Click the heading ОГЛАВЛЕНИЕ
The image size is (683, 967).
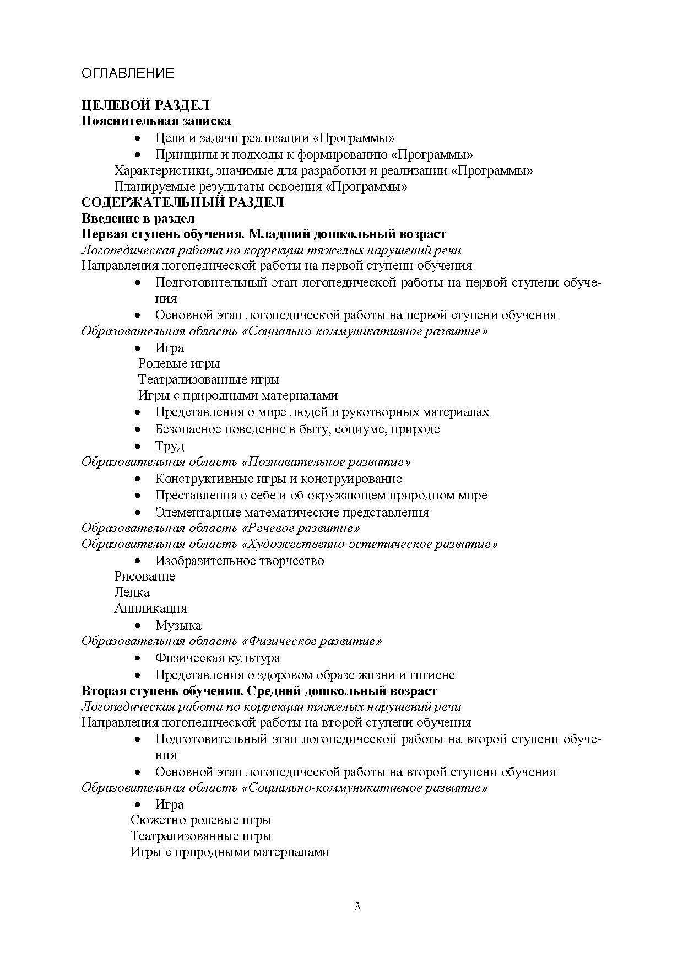pyautogui.click(x=128, y=73)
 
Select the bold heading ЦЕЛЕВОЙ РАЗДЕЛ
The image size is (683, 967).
pyautogui.click(x=145, y=105)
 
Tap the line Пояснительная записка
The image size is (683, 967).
pyautogui.click(x=156, y=121)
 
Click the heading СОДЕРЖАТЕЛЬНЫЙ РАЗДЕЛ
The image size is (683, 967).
pyautogui.click(x=182, y=202)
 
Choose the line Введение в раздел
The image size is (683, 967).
pyautogui.click(x=138, y=218)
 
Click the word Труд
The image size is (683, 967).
pyautogui.click(x=170, y=445)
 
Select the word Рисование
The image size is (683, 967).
pyautogui.click(x=144, y=576)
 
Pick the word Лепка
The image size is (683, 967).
pyautogui.click(x=132, y=592)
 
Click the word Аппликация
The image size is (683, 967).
pyautogui.click(x=150, y=608)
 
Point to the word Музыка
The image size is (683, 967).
pyautogui.click(x=178, y=625)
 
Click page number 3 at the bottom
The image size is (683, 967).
pyautogui.click(x=357, y=907)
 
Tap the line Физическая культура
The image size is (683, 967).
pyautogui.click(x=218, y=658)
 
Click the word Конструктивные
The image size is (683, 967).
pyautogui.click(x=202, y=479)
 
